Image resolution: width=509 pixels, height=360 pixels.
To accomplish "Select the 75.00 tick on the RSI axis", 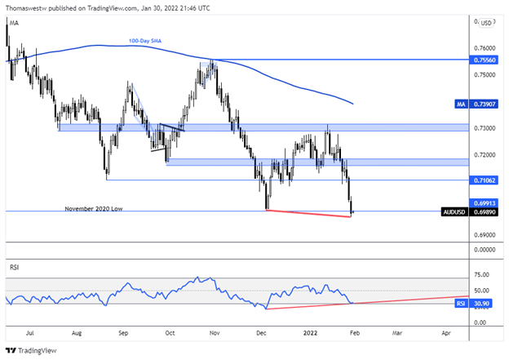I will (481, 275).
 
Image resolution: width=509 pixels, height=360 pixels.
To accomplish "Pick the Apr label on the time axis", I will (445, 333).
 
